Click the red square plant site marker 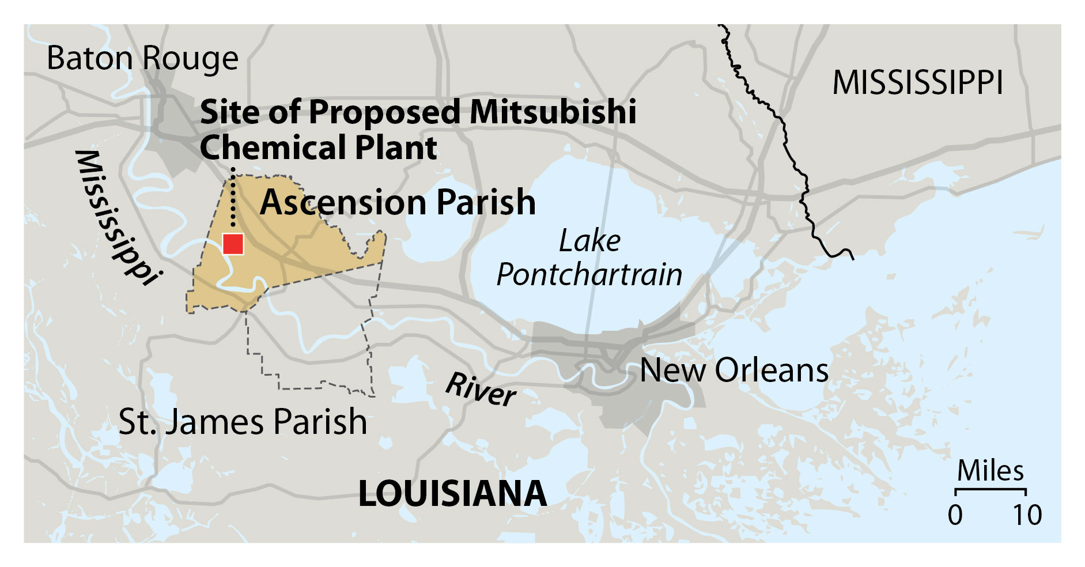click(233, 244)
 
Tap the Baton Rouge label click(142, 58)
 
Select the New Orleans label click(734, 370)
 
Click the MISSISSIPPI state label click(917, 83)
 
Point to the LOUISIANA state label click(452, 494)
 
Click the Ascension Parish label click(398, 202)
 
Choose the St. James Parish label click(243, 422)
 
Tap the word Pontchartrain click(589, 274)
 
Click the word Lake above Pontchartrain click(589, 241)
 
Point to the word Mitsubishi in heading click(553, 111)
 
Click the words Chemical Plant click(318, 148)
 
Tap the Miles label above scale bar click(990, 471)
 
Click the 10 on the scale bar click(1027, 515)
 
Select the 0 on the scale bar click(955, 515)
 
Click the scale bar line click(991, 490)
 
